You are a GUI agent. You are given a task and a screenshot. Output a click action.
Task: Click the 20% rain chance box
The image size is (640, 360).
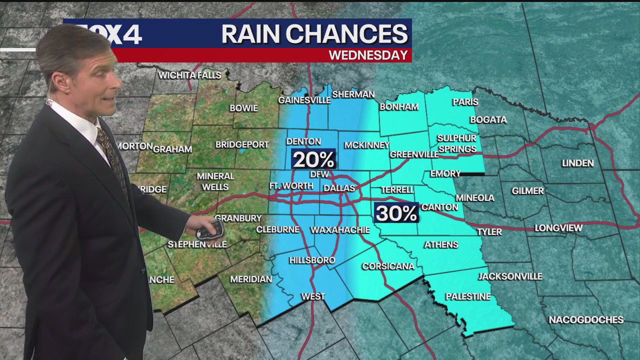click(313, 159)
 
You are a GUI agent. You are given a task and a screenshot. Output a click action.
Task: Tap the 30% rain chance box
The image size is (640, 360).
click(396, 213)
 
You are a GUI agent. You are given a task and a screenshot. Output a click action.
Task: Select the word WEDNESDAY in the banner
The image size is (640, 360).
click(368, 55)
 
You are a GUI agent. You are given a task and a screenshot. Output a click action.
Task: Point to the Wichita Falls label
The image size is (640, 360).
click(189, 75)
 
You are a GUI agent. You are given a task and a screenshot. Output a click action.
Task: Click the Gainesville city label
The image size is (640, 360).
click(304, 100)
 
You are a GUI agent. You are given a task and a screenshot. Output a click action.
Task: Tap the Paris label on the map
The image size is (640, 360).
click(465, 102)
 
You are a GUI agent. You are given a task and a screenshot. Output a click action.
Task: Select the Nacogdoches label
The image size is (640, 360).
click(586, 320)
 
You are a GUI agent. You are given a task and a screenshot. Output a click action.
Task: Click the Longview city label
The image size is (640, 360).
click(558, 228)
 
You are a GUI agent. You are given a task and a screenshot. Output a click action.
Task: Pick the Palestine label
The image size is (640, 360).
click(468, 297)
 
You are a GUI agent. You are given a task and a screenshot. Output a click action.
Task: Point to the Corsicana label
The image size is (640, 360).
click(388, 266)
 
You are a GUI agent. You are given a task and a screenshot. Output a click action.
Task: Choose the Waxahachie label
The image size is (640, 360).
click(340, 230)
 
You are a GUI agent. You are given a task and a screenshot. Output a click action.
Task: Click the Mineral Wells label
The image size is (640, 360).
click(215, 181)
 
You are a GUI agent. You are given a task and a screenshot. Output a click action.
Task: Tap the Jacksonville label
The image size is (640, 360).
click(510, 276)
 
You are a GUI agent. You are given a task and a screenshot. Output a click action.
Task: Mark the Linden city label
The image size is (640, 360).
click(577, 163)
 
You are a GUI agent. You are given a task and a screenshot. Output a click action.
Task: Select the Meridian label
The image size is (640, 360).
click(251, 279)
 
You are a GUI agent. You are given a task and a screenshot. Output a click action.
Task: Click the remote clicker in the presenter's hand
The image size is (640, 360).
click(209, 229)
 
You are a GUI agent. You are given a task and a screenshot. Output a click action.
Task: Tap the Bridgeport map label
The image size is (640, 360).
click(242, 144)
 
